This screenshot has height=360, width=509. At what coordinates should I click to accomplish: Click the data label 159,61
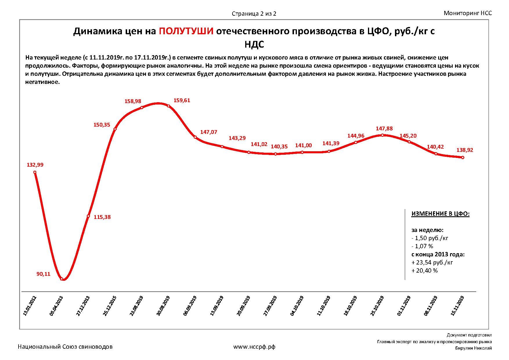(182, 100)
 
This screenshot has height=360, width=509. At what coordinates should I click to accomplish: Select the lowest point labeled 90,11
(62, 279)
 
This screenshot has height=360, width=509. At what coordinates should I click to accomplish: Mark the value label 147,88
(384, 128)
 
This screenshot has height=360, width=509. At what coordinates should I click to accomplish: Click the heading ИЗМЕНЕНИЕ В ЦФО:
(440, 214)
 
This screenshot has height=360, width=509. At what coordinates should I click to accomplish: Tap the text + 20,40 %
(425, 271)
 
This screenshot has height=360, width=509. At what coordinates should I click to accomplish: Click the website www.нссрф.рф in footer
(254, 347)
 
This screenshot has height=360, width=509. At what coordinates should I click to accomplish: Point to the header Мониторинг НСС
(468, 13)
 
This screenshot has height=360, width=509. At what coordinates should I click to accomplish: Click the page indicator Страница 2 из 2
(254, 14)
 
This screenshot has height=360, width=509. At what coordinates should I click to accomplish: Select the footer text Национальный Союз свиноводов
(65, 347)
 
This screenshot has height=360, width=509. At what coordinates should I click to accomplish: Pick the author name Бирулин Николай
(474, 348)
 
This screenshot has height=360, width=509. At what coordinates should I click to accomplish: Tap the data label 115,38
(102, 217)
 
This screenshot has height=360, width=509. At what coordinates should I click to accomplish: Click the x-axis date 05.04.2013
(57, 306)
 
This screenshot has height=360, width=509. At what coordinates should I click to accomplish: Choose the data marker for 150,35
(115, 129)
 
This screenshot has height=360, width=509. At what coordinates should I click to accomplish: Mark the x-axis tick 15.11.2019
(457, 306)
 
